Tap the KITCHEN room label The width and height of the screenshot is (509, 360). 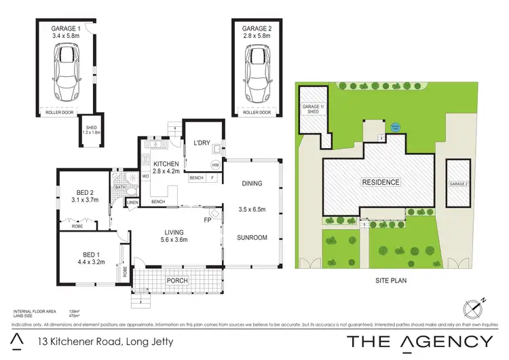click(165, 164)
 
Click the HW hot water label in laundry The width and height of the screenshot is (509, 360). click(216, 165)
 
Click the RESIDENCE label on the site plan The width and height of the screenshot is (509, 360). click(380, 183)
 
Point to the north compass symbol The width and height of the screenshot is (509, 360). click(474, 308)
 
